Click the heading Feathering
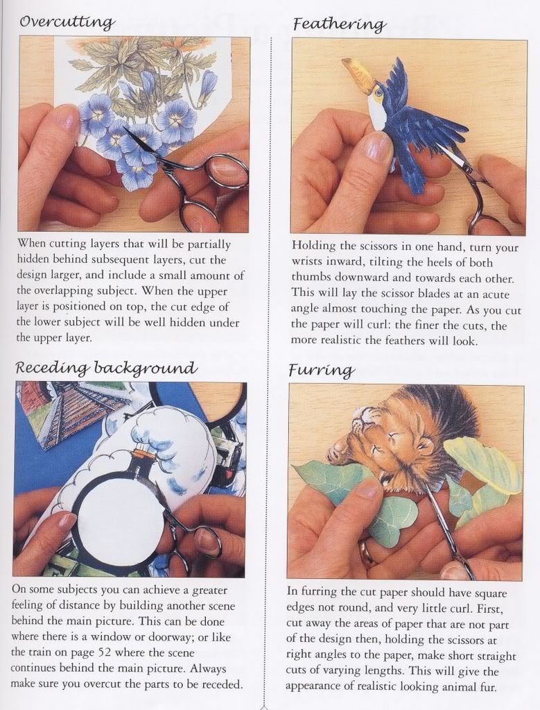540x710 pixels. [339, 24]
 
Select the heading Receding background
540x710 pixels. [107, 367]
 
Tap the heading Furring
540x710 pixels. [322, 371]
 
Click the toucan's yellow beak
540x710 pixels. [358, 73]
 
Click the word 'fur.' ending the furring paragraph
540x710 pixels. [487, 687]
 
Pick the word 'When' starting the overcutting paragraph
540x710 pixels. [31, 244]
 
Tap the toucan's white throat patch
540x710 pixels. [376, 113]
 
